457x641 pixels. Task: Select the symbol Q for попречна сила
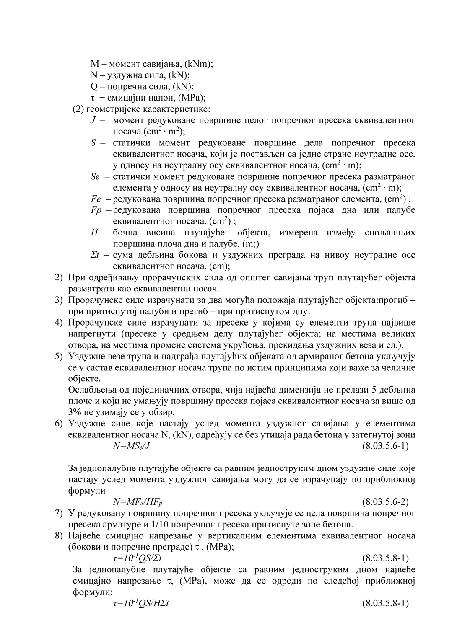click(x=94, y=86)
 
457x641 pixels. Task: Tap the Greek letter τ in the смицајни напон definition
click(x=93, y=98)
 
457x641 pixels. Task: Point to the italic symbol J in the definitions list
click(x=93, y=121)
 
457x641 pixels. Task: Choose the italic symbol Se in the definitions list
click(x=95, y=176)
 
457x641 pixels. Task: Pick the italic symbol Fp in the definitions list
click(x=96, y=210)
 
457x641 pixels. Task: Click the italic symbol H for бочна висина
click(x=94, y=233)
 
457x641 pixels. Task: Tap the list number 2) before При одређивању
click(x=60, y=277)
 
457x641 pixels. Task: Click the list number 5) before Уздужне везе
click(x=60, y=356)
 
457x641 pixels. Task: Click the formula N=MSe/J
click(x=131, y=446)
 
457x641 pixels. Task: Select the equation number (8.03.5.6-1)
click(x=385, y=446)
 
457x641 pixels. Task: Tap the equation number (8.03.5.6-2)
click(x=385, y=502)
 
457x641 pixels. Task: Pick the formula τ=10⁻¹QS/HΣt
click(x=141, y=603)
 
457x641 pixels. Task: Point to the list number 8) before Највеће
click(x=60, y=535)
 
